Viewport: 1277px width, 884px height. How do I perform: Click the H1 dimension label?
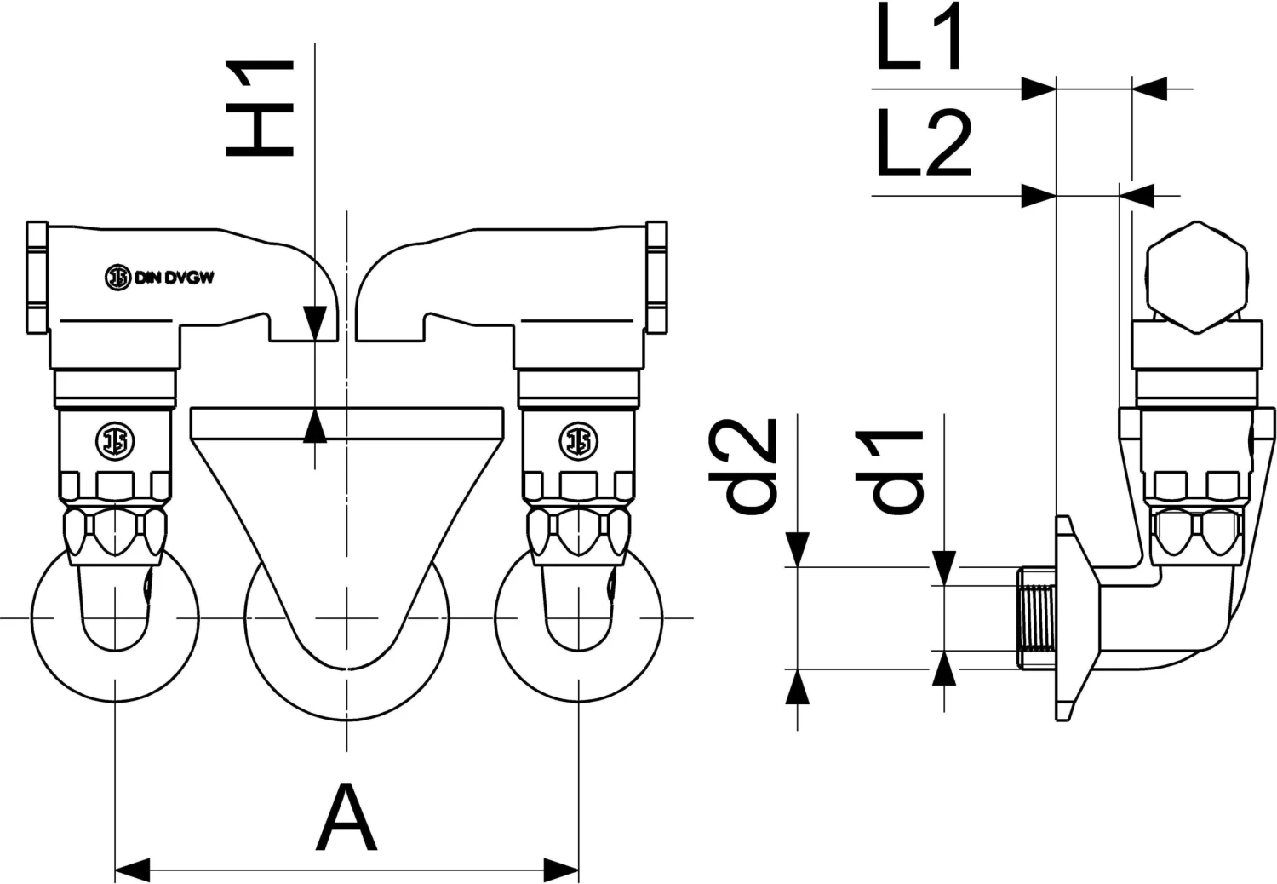(x=260, y=109)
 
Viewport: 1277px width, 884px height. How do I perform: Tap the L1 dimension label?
(x=919, y=38)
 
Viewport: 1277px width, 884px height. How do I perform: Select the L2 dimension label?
(x=924, y=143)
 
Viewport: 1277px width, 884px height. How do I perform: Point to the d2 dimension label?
(x=744, y=467)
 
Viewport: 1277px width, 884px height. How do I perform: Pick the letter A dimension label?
(x=346, y=819)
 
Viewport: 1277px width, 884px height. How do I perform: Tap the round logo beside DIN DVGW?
(x=117, y=278)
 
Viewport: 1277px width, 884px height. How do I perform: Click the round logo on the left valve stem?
(x=115, y=440)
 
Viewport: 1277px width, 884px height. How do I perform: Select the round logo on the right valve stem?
(x=578, y=440)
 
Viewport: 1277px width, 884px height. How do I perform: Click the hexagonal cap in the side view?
(x=1196, y=277)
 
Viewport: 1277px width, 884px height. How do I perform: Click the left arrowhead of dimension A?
(x=132, y=870)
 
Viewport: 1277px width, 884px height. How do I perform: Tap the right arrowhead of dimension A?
(x=562, y=870)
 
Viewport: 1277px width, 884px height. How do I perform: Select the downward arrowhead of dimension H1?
(x=315, y=324)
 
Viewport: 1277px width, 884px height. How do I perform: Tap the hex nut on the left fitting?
(x=115, y=532)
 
